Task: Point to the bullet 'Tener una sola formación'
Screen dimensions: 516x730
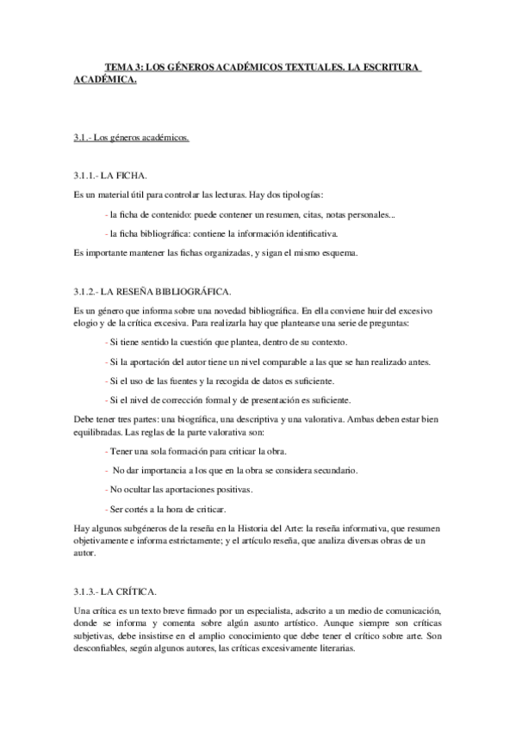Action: (x=195, y=451)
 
